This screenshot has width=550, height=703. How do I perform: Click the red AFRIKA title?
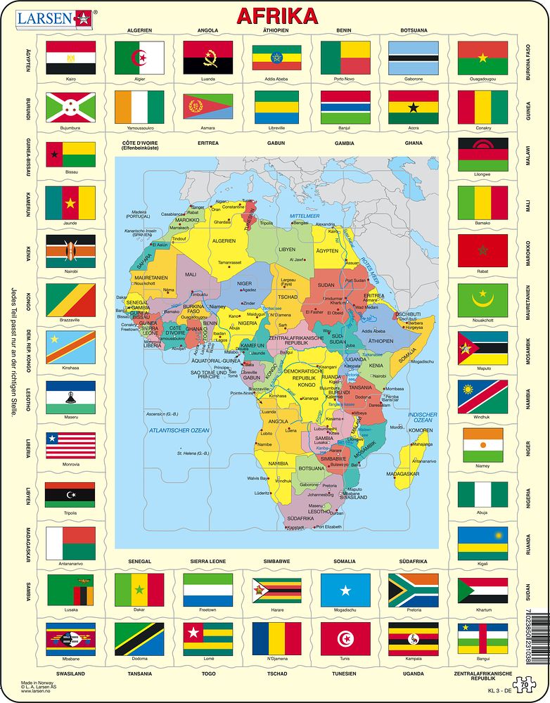pyautogui.click(x=276, y=15)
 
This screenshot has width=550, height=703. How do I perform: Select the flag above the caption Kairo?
pyautogui.click(x=70, y=58)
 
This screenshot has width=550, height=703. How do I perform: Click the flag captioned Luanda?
pyautogui.click(x=207, y=58)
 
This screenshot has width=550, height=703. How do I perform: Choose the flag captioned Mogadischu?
pyautogui.click(x=345, y=589)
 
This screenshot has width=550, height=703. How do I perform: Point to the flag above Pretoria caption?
pyautogui.click(x=414, y=589)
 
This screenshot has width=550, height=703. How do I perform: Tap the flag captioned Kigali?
pyautogui.click(x=482, y=543)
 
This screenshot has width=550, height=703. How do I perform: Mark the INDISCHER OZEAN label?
pyautogui.click(x=423, y=418)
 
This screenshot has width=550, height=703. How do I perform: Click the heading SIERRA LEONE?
pyautogui.click(x=207, y=562)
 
